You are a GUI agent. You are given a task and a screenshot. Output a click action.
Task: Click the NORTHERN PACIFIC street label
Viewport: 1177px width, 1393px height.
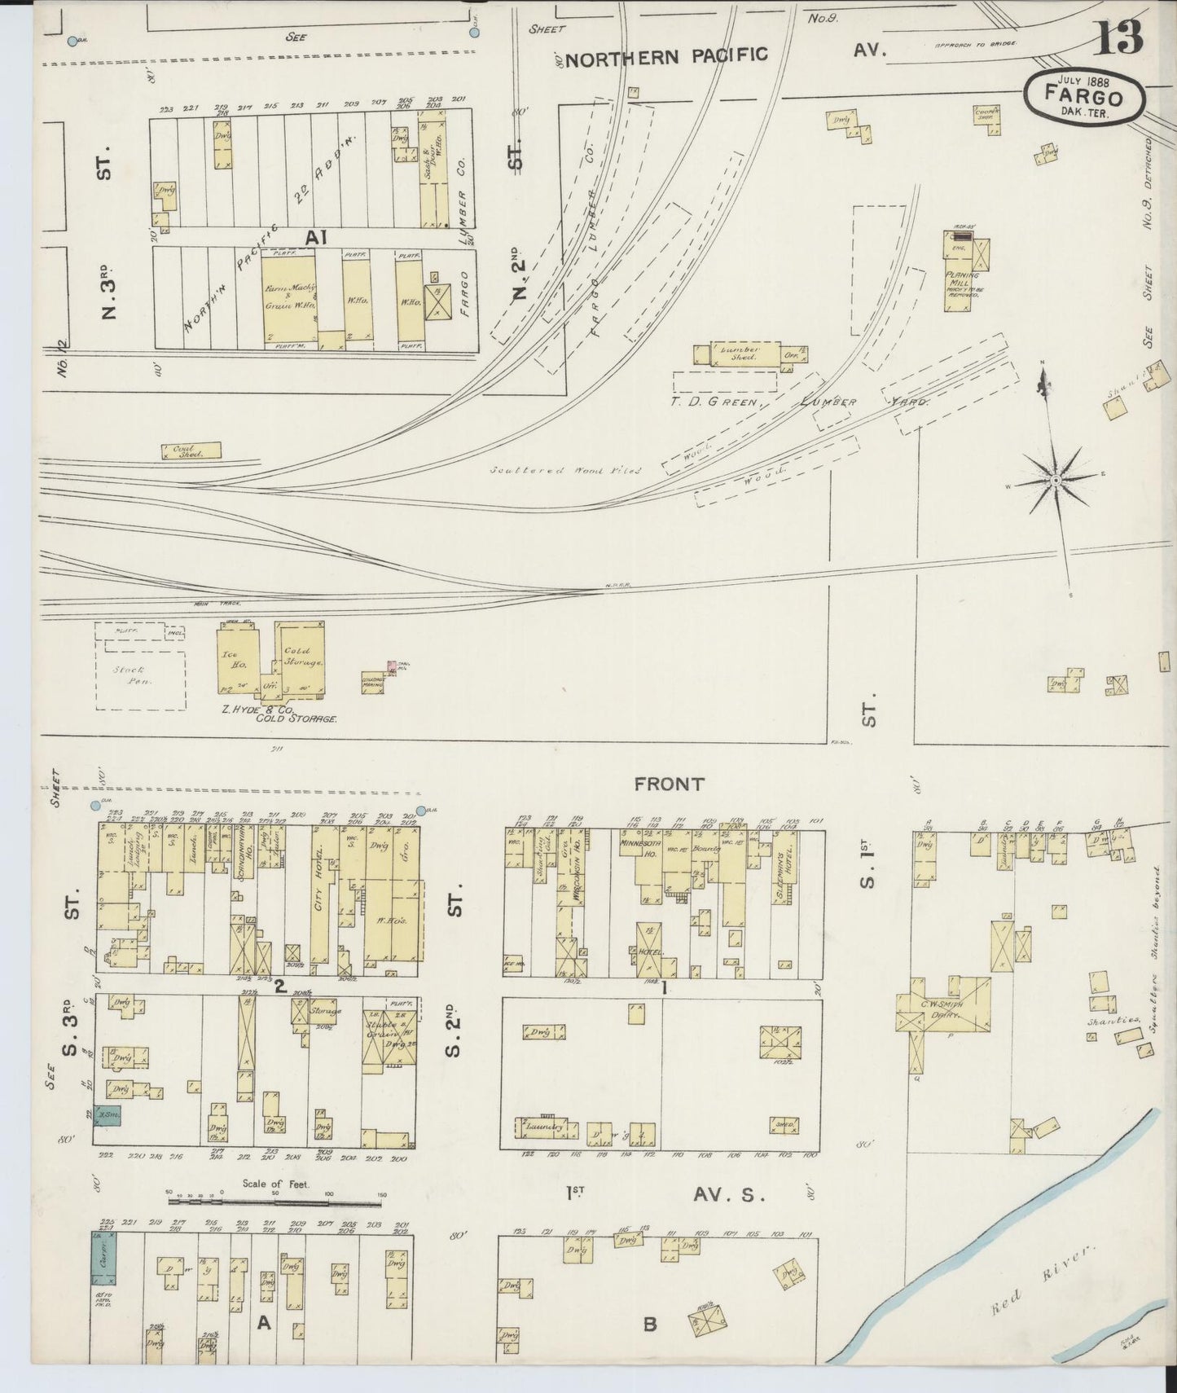(x=666, y=55)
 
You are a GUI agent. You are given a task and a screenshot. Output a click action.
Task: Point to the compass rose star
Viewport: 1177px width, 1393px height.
(x=1055, y=481)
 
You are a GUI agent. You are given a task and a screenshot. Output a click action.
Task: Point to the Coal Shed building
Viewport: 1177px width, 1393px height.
(x=191, y=451)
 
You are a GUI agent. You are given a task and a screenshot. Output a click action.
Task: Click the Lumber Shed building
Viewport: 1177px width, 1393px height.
(x=737, y=354)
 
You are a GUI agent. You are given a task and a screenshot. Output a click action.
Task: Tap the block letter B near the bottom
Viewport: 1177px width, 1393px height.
(x=649, y=1324)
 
